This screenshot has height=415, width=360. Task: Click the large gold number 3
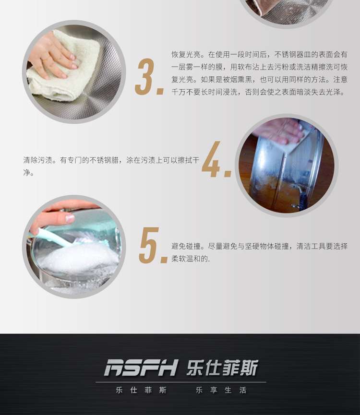tap(145, 77)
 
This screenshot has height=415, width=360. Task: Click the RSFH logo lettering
tap(141, 368)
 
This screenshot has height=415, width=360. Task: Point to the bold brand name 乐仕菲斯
tap(222, 368)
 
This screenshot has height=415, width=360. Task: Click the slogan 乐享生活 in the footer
tap(221, 390)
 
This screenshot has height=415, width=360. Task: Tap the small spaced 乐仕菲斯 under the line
tap(141, 390)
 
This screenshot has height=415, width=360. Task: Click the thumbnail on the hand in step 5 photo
tap(70, 218)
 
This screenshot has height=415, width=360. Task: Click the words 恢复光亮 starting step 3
tap(186, 55)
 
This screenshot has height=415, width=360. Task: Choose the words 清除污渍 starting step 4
tap(38, 160)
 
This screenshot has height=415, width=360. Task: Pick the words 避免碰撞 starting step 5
tap(186, 246)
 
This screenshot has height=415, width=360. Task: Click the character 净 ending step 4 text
tap(27, 173)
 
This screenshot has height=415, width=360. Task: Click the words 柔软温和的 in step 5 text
tap(190, 259)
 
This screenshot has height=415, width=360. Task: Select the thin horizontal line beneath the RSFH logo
tap(181, 382)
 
